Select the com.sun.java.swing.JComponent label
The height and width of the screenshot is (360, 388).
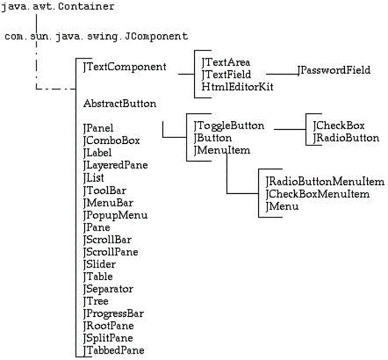click(96, 37)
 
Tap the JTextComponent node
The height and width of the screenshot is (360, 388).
click(125, 67)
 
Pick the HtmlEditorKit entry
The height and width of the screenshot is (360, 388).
click(230, 86)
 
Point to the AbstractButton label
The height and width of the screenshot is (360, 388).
click(120, 103)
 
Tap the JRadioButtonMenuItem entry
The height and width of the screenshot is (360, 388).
click(325, 182)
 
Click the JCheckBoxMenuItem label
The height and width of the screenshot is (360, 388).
click(317, 194)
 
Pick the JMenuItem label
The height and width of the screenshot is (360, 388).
click(221, 151)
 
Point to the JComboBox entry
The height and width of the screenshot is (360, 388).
click(111, 140)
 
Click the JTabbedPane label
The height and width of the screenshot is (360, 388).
click(113, 350)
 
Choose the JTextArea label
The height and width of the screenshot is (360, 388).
click(226, 62)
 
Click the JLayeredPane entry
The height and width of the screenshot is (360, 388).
click(115, 165)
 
